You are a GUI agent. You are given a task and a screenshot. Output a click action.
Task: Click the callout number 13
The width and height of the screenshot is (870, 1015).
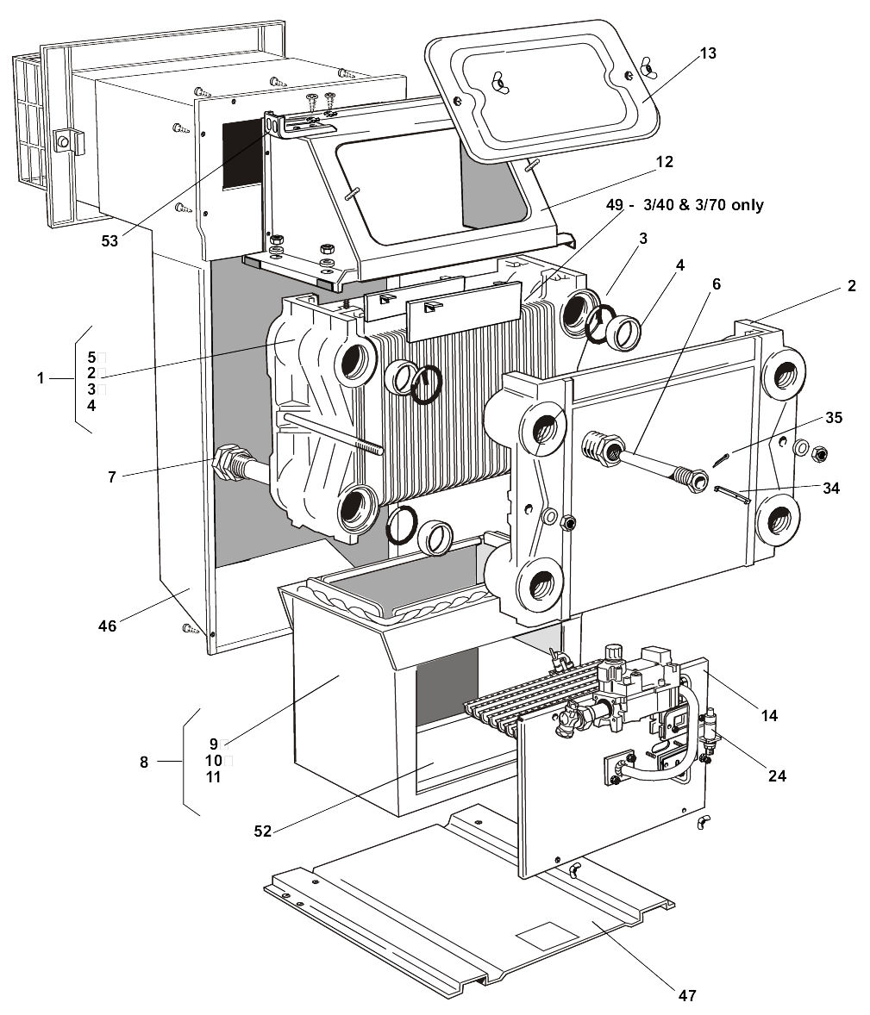pyautogui.click(x=708, y=53)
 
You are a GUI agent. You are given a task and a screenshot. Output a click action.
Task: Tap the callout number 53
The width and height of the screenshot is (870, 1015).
pyautogui.click(x=110, y=240)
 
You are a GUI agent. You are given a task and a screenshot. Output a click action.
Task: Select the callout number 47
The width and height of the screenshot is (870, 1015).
pyautogui.click(x=687, y=994)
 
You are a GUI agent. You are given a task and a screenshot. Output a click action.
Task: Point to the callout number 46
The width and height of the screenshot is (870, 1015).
pyautogui.click(x=108, y=626)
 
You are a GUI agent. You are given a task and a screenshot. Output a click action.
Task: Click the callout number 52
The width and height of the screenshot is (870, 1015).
pyautogui.click(x=262, y=831)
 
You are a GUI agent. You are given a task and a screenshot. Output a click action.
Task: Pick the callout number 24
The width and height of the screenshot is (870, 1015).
pyautogui.click(x=777, y=775)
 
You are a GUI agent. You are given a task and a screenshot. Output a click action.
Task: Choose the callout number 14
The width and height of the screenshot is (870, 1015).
pyautogui.click(x=769, y=715)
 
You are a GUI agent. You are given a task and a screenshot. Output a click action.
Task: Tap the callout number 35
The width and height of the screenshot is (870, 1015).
pyautogui.click(x=834, y=418)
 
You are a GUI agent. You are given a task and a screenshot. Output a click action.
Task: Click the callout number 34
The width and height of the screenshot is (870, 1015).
pyautogui.click(x=831, y=488)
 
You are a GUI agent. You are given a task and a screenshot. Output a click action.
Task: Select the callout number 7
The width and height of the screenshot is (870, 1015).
pyautogui.click(x=112, y=477)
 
